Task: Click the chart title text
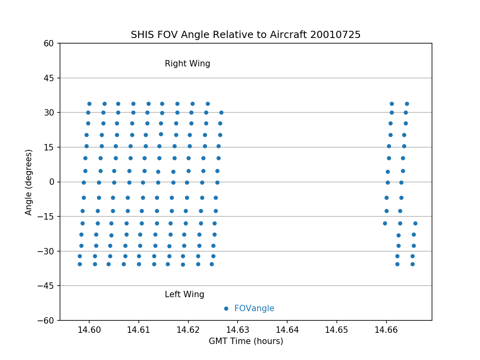[246, 35]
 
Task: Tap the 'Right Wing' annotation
[187, 64]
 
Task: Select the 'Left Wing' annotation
[184, 294]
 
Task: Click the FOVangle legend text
[254, 308]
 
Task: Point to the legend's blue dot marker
[226, 308]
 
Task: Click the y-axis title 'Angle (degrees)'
[29, 182]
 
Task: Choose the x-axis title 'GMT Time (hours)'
[246, 341]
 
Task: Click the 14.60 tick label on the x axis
[89, 330]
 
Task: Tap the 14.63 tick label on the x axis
[238, 330]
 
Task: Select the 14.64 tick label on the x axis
[287, 330]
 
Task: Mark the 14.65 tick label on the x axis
[336, 330]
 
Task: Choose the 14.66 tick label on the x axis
[386, 330]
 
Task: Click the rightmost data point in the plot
[415, 223]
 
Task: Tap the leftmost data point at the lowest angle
[80, 264]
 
